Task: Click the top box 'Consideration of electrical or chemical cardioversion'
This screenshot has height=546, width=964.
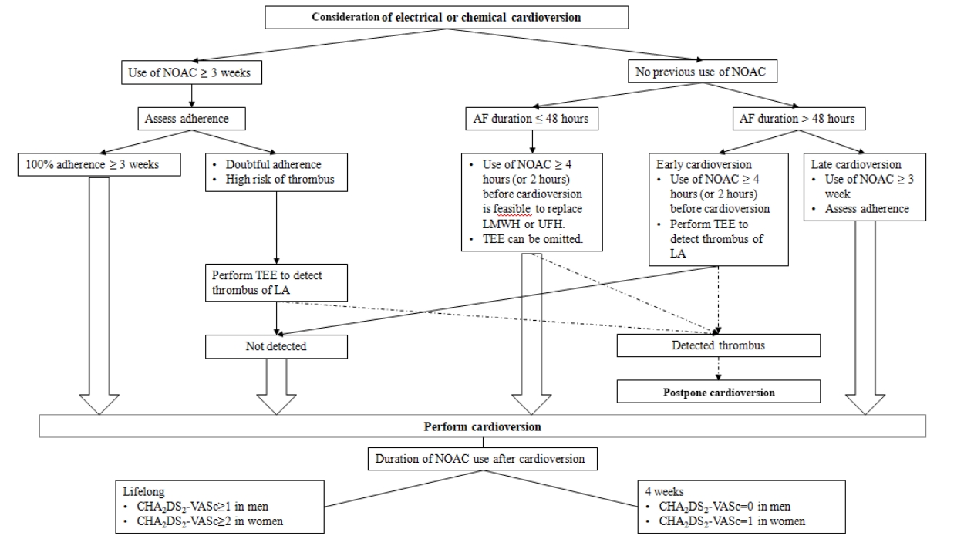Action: coord(447,17)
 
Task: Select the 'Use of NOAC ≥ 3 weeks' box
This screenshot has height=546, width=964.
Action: coord(191,72)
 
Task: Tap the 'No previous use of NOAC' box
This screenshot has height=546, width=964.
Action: coord(703,71)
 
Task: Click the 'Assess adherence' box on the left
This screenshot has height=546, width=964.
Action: coord(191,119)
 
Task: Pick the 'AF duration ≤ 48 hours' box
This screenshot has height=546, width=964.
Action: coord(531,119)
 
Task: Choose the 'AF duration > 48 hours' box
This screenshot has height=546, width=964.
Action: coord(799,119)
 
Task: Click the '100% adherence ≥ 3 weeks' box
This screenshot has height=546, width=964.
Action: coord(99,164)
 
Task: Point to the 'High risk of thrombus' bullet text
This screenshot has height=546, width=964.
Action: coord(280,180)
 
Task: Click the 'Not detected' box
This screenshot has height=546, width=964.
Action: coord(276,346)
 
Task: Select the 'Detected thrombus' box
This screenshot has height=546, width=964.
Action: coord(718,345)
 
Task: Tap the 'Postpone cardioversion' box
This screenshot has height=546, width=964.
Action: coord(718,392)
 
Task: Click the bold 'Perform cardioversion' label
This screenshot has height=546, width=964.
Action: coord(483,426)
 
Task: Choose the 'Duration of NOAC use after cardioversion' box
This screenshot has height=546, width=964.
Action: coord(483,459)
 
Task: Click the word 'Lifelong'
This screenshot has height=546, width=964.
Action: coord(143,492)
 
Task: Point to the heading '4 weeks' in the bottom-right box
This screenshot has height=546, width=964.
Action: coord(665,492)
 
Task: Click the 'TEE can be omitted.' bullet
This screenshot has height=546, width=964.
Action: coord(533,239)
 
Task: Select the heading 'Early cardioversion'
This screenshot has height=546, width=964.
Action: coord(703,164)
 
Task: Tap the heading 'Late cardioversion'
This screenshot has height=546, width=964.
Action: coord(856,164)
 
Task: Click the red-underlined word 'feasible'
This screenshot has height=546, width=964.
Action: coord(512,209)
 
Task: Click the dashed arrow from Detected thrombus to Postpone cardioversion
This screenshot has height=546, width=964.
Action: coord(718,369)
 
